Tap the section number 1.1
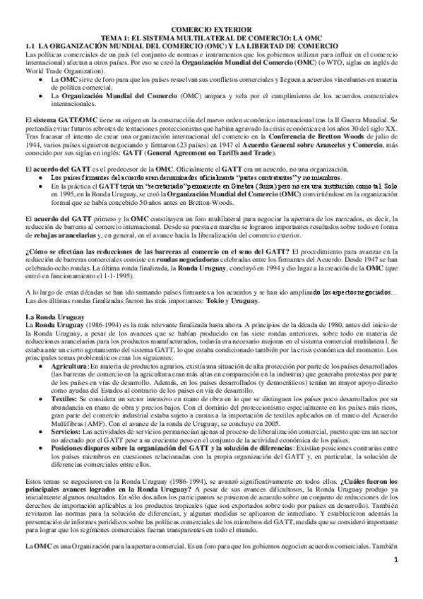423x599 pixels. click(30, 47)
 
